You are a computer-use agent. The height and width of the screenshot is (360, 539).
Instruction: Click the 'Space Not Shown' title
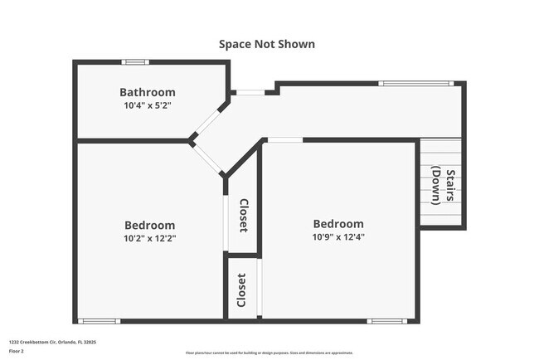pos(267,44)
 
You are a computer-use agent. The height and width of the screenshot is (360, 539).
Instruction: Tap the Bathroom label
pos(148,92)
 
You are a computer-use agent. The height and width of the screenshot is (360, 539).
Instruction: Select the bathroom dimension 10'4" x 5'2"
pos(148,105)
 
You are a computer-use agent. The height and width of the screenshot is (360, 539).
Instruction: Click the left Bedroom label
pos(150,225)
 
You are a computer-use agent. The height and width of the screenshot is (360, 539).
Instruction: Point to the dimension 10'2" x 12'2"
pos(150,238)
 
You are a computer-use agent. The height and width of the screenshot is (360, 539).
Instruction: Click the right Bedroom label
pos(338,224)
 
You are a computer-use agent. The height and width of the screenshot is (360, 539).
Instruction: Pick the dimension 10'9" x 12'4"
pos(338,236)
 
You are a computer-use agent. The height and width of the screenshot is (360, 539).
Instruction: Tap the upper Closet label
pos(244,216)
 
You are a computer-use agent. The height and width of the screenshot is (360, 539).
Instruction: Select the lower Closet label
pos(241,289)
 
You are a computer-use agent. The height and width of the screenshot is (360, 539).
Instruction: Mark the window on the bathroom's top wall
pos(135,62)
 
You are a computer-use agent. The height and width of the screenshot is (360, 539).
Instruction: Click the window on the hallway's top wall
pos(416,83)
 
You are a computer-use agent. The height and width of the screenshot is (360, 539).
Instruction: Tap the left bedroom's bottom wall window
pos(100,321)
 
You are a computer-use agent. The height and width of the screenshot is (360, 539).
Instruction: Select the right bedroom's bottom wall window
pos(387,321)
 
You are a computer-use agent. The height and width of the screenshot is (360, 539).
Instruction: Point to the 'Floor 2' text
pos(17,351)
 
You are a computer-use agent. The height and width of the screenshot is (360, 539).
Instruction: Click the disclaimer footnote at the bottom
pos(269,352)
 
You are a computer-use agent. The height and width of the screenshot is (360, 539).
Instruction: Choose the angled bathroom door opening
pos(207,125)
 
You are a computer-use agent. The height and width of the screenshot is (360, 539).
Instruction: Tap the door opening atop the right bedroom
pos(284,140)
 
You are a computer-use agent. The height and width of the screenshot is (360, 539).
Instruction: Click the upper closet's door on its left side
pos(226,220)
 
